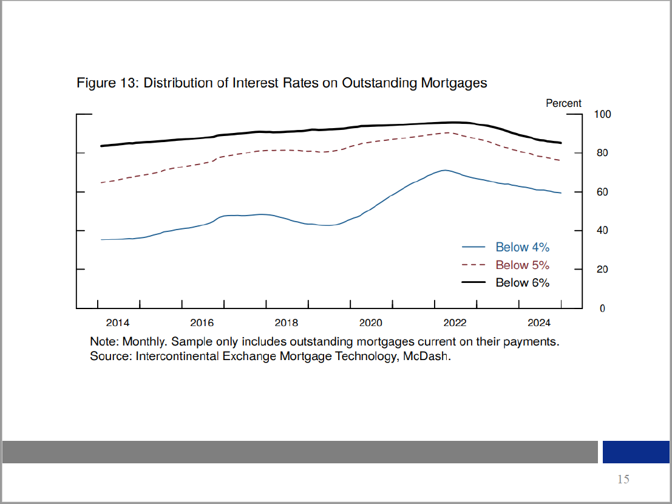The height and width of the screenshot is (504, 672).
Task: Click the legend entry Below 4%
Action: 522,247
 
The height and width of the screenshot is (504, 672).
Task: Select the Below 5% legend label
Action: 522,265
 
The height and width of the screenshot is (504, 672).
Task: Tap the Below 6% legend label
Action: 522,282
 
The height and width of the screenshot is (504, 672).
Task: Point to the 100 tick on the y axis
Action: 602,114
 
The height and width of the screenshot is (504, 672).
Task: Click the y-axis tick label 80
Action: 602,153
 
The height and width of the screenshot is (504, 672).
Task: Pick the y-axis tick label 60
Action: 602,192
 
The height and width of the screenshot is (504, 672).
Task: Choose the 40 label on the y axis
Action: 602,231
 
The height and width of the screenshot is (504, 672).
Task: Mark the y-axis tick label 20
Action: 602,270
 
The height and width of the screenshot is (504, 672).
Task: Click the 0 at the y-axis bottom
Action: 602,308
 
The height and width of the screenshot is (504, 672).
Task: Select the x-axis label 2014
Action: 118,322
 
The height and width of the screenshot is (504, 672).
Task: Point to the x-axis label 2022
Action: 455,322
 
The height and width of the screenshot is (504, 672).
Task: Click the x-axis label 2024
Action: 539,322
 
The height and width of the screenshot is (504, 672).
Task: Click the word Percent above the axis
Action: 563,103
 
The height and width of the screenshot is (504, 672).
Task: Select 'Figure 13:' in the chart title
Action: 107,83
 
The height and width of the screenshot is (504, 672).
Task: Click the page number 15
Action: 623,480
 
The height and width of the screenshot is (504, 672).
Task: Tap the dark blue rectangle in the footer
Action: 636,452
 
